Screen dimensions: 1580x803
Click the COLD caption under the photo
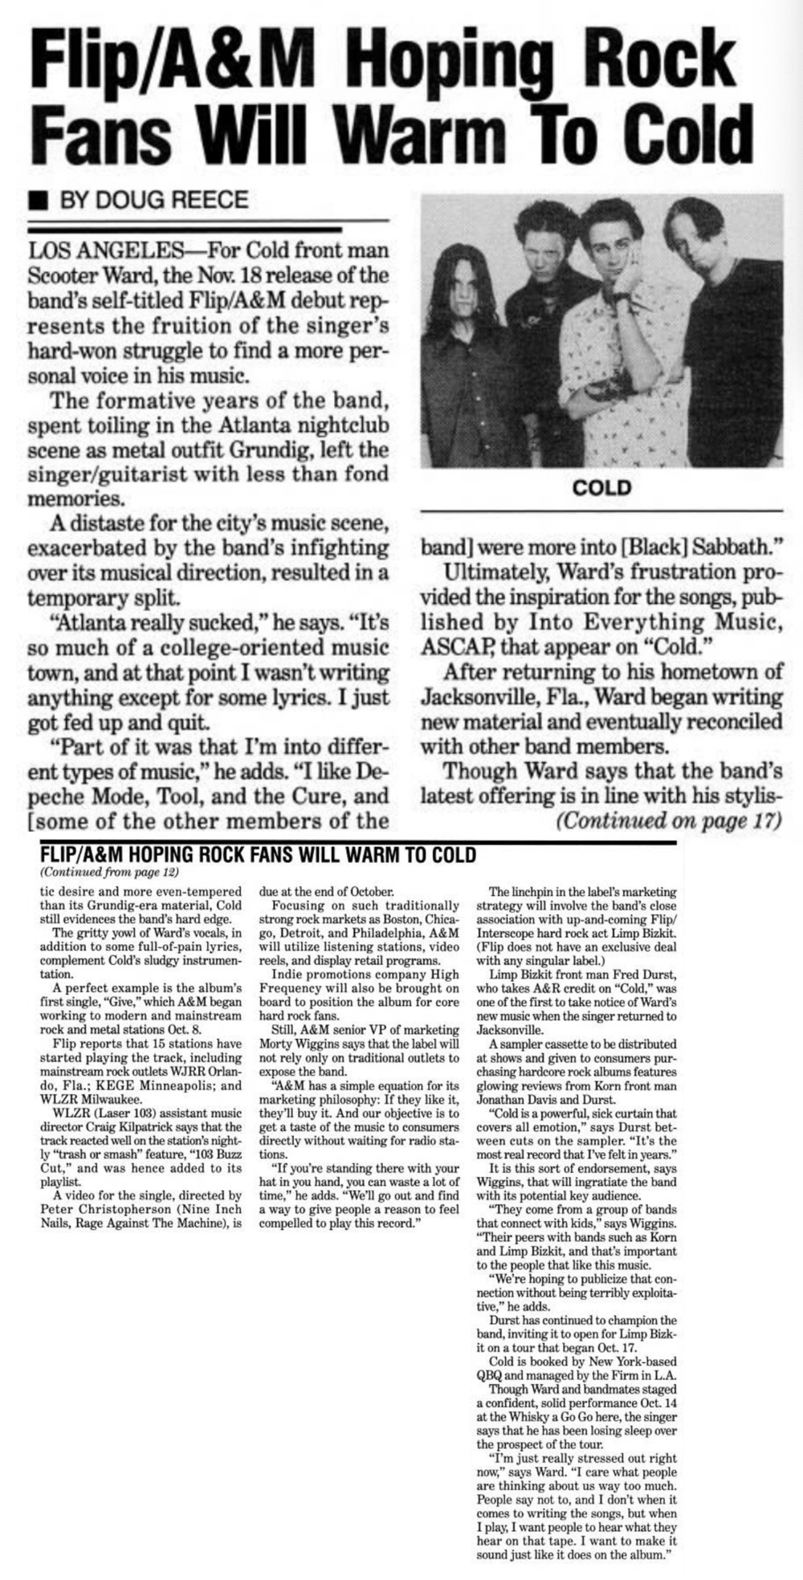click(x=601, y=487)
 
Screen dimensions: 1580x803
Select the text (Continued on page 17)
click(x=668, y=821)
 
